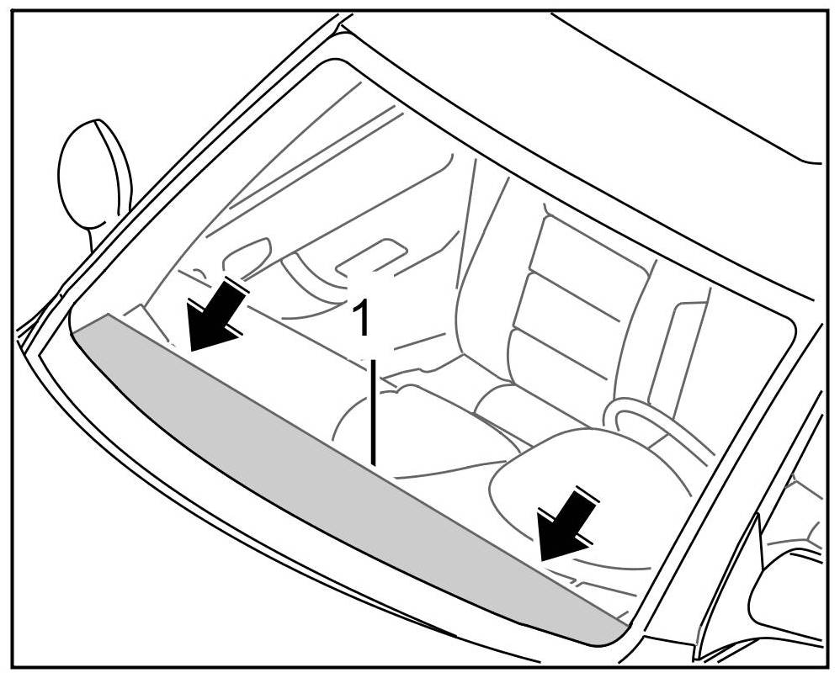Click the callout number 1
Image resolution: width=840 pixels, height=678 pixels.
tap(361, 320)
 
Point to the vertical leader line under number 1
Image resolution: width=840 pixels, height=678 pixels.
tap(373, 412)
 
